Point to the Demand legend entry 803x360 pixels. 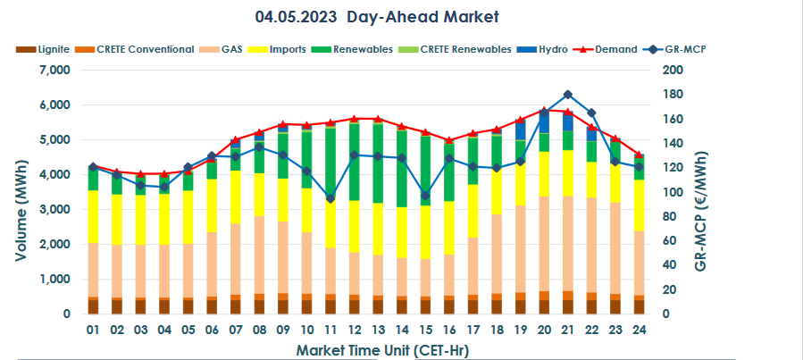(x=616, y=49)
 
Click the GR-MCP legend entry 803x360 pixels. (x=687, y=49)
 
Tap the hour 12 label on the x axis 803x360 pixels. (x=354, y=330)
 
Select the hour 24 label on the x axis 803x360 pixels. (x=640, y=330)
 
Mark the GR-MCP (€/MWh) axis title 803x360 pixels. (x=700, y=192)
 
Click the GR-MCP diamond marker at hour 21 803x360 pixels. (x=568, y=94)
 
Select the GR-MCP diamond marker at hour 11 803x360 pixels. (x=330, y=198)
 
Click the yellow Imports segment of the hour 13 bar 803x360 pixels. (x=378, y=229)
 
